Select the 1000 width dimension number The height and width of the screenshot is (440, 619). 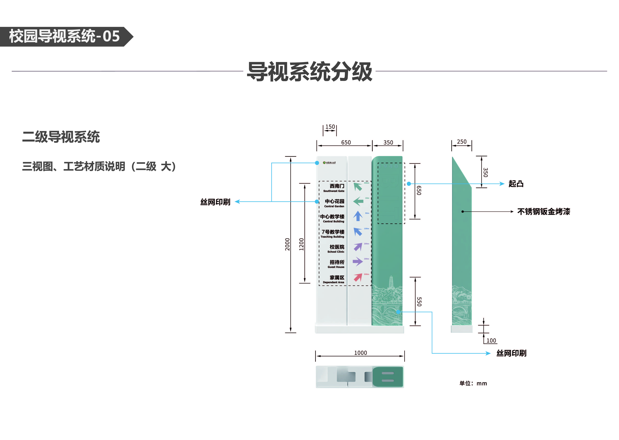[x=360, y=353]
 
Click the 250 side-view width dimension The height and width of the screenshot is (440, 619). [x=462, y=142]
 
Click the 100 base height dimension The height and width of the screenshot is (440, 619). [x=491, y=341]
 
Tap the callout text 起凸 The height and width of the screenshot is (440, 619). [x=516, y=184]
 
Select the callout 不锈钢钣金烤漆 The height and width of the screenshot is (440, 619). [x=543, y=212]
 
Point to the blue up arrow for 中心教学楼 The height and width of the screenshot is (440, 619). [x=358, y=216]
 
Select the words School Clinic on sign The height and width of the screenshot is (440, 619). [x=336, y=252]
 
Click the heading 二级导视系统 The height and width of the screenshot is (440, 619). [x=61, y=137]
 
